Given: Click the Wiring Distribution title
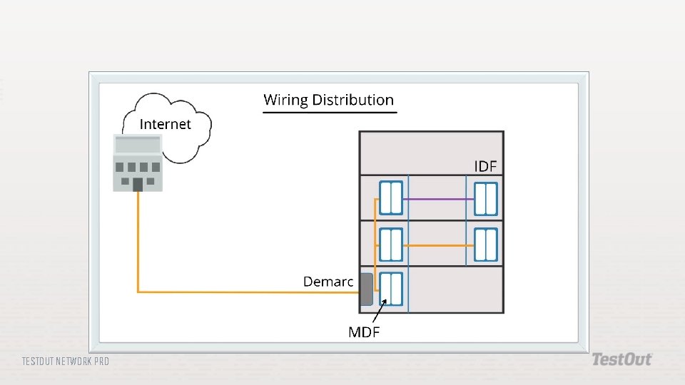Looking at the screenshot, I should point(328,100).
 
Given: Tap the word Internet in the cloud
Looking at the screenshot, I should point(165,124).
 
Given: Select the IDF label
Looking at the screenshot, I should point(485,166).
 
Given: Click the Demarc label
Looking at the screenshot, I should point(328,282).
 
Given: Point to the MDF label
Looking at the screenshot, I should point(363,332).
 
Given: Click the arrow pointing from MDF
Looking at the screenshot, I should point(379,311).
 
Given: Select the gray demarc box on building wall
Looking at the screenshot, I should point(366,289).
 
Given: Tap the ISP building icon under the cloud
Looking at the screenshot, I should point(138,163).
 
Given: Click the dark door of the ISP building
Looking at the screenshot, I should point(138,185).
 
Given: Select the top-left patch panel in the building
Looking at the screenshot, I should point(391,198).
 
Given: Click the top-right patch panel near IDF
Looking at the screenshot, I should point(485,198).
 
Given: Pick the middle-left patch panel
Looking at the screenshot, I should point(391,244).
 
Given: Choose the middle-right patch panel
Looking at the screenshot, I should point(485,244).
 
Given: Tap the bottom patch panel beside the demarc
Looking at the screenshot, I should point(391,289).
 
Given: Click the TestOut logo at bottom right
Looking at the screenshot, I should point(621,359).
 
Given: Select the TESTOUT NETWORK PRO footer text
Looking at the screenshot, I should point(66,361).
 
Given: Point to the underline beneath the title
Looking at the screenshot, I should point(328,112).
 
